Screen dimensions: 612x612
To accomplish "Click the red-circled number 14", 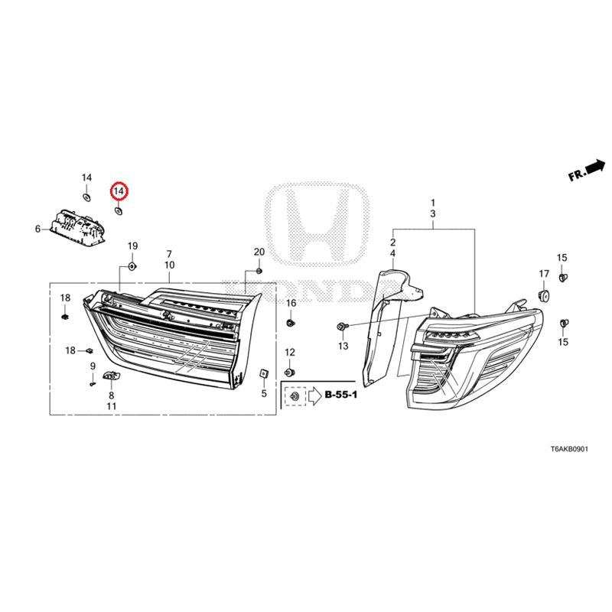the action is tap(119, 191).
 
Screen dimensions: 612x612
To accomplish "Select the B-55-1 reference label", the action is tap(340, 395).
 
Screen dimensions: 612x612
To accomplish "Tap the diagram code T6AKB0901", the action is tap(568, 449).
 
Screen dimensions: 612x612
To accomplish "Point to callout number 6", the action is tap(37, 229).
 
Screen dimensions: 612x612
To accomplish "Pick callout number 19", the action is tap(132, 246).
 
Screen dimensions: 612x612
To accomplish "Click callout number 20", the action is tap(259, 252).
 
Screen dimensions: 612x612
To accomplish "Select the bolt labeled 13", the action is tap(340, 326).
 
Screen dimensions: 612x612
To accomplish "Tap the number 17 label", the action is tap(544, 274).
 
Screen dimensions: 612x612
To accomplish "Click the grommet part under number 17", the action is tap(543, 295).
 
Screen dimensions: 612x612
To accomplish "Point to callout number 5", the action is tap(264, 393).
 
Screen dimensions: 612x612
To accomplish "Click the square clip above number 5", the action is tap(263, 373).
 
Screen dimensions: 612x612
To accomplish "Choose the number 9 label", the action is tap(93, 366).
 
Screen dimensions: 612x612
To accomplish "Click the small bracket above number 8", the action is tap(112, 376).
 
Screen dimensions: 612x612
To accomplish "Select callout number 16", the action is tap(291, 303).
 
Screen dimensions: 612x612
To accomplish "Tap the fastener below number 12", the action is tap(290, 372).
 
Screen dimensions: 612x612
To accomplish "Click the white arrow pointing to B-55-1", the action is tap(314, 396).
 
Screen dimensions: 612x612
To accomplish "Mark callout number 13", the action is tap(343, 346).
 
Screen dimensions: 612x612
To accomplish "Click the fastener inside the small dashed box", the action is tap(294, 396).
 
